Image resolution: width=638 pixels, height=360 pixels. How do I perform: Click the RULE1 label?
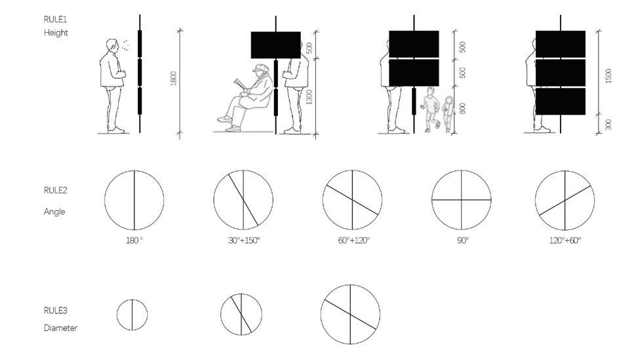[55, 19]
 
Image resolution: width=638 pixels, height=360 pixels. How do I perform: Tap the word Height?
[56, 33]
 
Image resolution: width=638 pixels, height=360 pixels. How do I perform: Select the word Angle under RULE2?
[54, 212]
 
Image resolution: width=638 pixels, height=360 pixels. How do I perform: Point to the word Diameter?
[60, 328]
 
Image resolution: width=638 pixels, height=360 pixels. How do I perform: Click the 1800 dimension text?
[174, 79]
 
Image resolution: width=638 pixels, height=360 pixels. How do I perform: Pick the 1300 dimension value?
[309, 97]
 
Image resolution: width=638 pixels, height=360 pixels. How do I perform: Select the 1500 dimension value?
[608, 76]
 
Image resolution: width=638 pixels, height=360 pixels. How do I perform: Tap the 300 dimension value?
[608, 125]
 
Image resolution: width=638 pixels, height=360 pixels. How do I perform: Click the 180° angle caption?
[134, 241]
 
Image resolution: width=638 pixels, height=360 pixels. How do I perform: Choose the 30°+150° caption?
[244, 241]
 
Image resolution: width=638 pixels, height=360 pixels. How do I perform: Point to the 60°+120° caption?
[353, 241]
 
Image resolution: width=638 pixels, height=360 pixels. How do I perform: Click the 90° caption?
[463, 241]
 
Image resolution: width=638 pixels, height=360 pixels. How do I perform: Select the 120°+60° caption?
[565, 241]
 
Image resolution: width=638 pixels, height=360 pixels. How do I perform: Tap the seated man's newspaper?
[241, 84]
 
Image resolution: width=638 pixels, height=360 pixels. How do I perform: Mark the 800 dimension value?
[462, 109]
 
